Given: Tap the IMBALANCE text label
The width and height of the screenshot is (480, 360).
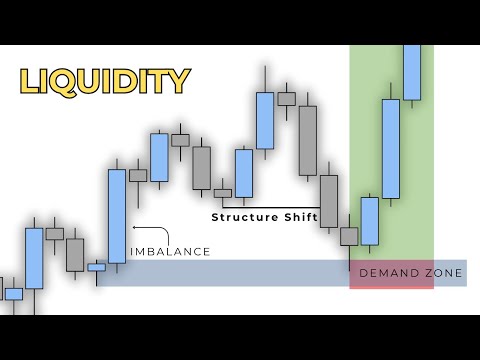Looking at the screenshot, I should click(x=171, y=251).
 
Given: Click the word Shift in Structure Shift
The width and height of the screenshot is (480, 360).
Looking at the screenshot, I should click(x=301, y=216).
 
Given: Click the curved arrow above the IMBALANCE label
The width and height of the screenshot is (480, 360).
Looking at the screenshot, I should click(x=139, y=233).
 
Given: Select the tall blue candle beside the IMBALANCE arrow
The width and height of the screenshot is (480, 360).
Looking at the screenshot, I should click(x=117, y=216).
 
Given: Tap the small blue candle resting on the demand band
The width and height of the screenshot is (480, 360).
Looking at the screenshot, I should click(x=96, y=267).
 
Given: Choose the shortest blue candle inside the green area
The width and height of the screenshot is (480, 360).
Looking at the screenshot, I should click(x=370, y=220).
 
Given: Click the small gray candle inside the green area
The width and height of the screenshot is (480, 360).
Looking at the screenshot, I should click(x=349, y=236).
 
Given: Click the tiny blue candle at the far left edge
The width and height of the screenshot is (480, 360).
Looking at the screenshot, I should click(x=13, y=293).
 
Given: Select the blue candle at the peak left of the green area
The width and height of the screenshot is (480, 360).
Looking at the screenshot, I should click(x=265, y=120).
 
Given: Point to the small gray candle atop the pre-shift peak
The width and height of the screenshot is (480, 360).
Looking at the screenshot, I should click(x=286, y=98).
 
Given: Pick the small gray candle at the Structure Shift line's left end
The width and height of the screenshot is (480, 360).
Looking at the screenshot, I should click(x=222, y=193).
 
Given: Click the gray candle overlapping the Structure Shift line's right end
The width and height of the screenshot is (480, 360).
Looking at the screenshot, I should click(x=328, y=202).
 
